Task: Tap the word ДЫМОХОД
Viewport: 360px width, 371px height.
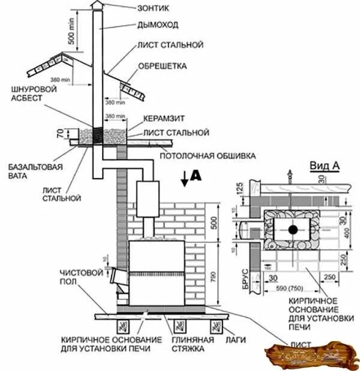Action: pyautogui.click(x=157, y=26)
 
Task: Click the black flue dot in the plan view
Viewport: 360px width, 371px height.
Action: pyautogui.click(x=292, y=230)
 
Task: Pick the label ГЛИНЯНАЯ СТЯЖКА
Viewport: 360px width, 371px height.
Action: pyautogui.click(x=182, y=343)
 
